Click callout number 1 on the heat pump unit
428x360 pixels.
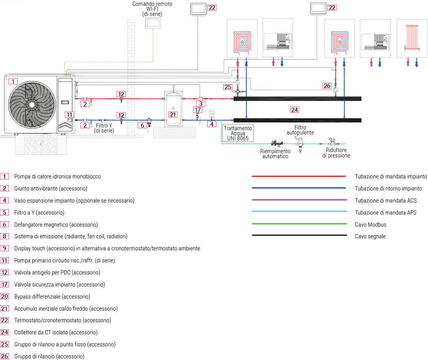tap(13, 81)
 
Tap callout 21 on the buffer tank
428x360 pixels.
tap(173, 114)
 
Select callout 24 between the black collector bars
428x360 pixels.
tap(295, 110)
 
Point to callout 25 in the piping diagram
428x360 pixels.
tap(228, 86)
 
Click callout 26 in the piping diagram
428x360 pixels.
tap(327, 85)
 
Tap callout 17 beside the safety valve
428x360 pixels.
tap(198, 110)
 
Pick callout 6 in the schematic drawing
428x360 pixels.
tap(143, 125)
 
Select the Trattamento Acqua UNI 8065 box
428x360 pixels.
tap(238, 133)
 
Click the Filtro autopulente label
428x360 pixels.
tap(300, 130)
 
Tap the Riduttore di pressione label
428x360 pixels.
tap(336, 153)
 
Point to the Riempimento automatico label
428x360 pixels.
tap(275, 154)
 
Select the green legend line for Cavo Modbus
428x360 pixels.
tap(299, 224)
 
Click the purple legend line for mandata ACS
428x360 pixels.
tap(299, 200)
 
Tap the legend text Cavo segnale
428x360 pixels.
tap(370, 236)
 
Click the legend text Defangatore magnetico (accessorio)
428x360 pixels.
tap(56, 225)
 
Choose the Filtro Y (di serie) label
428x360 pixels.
tap(104, 128)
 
